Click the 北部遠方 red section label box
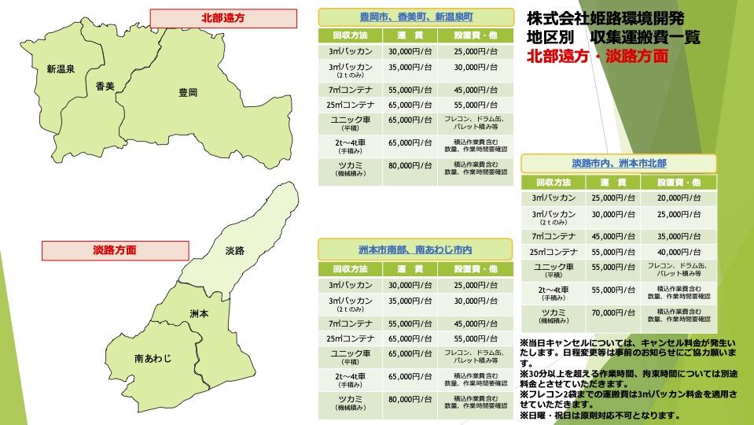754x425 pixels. tap(223, 18)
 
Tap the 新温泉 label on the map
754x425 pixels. tap(61, 68)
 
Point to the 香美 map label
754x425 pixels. tap(105, 85)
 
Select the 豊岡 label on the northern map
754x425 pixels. tap(188, 92)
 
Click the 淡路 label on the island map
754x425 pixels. tap(234, 250)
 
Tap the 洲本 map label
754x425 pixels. tap(199, 313)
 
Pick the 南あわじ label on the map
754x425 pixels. tap(153, 358)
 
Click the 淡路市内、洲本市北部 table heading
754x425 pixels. tap(619, 163)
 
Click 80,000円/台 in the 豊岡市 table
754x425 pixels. tap(410, 166)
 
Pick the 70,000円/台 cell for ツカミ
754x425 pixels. tap(612, 312)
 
